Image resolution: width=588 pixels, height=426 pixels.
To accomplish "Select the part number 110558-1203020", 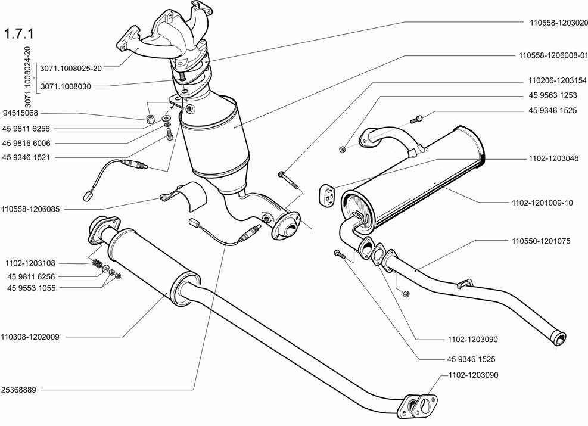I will click(x=558, y=23).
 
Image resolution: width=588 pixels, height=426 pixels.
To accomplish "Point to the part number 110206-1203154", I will click(x=557, y=80).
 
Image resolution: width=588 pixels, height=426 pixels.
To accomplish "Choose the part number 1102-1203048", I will click(x=552, y=159).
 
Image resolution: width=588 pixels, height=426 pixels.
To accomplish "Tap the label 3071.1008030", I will click(x=66, y=86).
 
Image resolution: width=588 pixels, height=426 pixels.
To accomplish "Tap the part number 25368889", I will click(x=20, y=390).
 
